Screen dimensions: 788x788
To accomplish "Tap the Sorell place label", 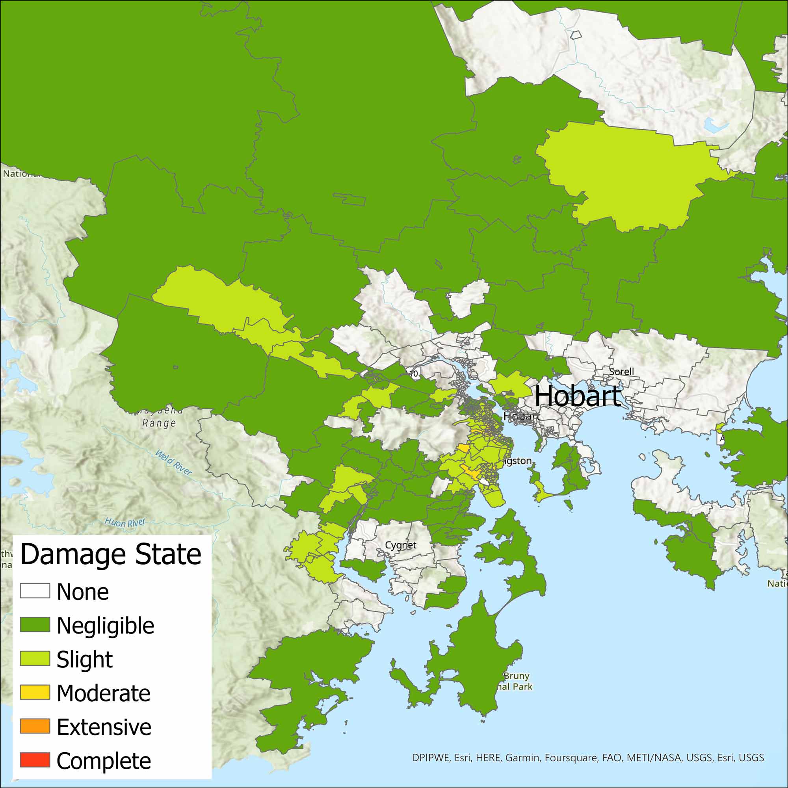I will point(621,372).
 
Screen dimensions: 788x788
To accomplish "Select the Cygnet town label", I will point(401,545).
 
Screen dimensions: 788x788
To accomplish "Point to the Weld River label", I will point(174,463).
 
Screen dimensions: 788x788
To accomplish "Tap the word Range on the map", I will point(159,423).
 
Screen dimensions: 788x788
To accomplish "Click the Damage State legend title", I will point(111,554).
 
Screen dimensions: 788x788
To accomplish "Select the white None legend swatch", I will point(35,591).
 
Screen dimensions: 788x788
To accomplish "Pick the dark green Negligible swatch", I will point(35,624).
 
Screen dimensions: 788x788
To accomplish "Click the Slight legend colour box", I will point(35,658).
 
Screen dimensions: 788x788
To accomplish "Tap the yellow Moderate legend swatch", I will point(35,692).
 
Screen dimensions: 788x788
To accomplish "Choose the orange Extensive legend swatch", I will point(35,726).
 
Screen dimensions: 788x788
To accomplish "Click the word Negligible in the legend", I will point(105,626).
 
